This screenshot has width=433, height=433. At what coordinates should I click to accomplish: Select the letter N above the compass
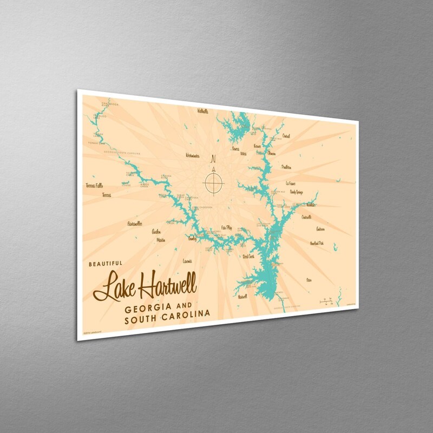pyautogui.click(x=213, y=159)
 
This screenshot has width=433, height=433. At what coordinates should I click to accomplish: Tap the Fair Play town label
pyautogui.click(x=227, y=228)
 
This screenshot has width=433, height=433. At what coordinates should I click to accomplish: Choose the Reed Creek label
pyautogui.click(x=249, y=256)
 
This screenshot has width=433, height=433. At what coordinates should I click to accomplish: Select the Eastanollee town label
pyautogui.click(x=135, y=223)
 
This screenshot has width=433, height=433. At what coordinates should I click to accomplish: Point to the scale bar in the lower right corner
pyautogui.click(x=325, y=299)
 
